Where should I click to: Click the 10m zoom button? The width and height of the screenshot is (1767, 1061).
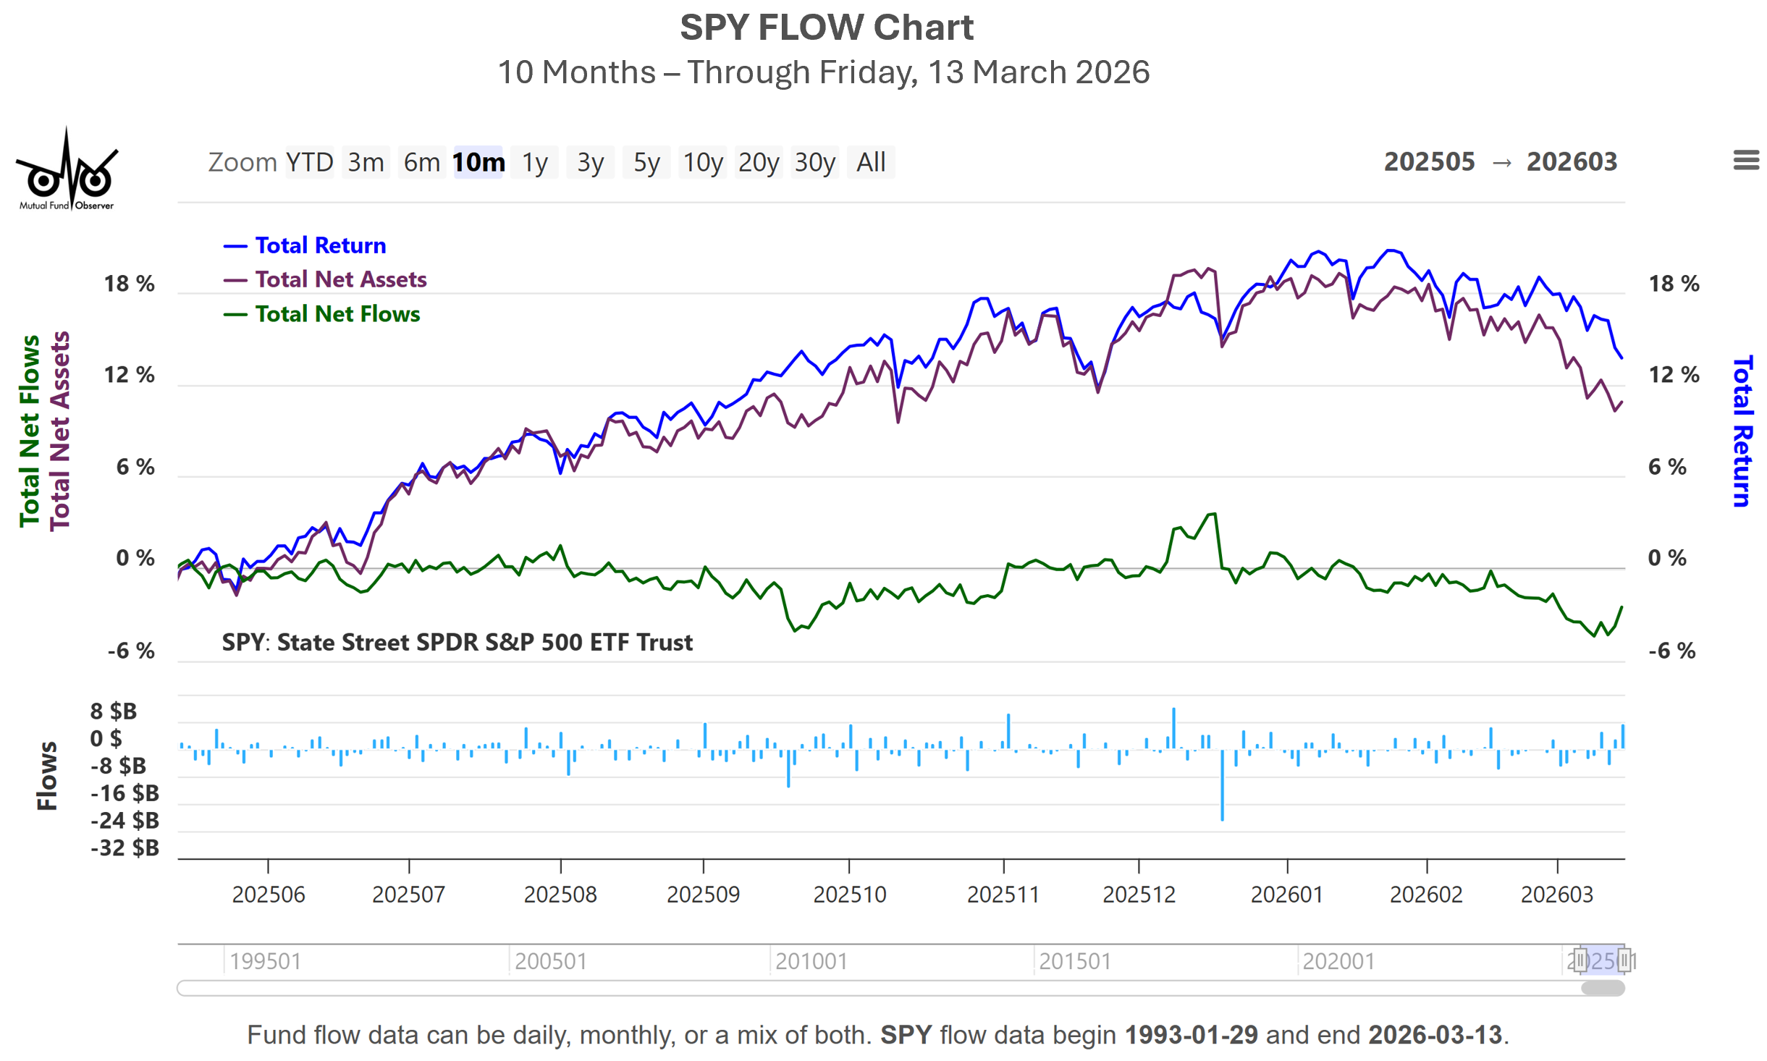[x=478, y=162]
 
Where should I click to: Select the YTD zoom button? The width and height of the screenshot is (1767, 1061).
[x=309, y=162]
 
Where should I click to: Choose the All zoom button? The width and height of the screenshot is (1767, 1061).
[x=870, y=162]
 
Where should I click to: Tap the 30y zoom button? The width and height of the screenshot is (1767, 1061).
[x=814, y=162]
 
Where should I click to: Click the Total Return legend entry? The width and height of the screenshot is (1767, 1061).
[x=320, y=245]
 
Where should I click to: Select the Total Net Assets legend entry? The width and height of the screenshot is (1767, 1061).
[x=340, y=279]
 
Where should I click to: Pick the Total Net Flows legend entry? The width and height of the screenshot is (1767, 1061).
[x=337, y=314]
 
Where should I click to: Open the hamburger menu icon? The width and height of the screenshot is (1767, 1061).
[x=1745, y=160]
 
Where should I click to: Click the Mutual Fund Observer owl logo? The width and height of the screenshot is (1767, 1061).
[x=67, y=171]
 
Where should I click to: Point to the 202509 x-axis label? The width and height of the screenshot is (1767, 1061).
[x=702, y=895]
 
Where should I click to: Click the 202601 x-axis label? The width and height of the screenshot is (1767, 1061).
[x=1286, y=895]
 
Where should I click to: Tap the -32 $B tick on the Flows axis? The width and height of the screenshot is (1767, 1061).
[x=125, y=847]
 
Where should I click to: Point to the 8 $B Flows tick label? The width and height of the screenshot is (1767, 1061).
[x=113, y=711]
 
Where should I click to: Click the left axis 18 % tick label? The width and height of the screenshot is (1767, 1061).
[x=129, y=284]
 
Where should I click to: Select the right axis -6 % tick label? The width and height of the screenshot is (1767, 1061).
[x=1671, y=651]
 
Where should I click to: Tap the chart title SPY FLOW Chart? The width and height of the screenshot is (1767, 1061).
[x=826, y=28]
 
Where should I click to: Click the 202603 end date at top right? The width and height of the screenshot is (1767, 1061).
[x=1572, y=161]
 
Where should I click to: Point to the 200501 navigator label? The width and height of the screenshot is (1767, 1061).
[x=550, y=961]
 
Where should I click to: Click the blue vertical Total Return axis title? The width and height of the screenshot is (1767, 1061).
[x=1742, y=431]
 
